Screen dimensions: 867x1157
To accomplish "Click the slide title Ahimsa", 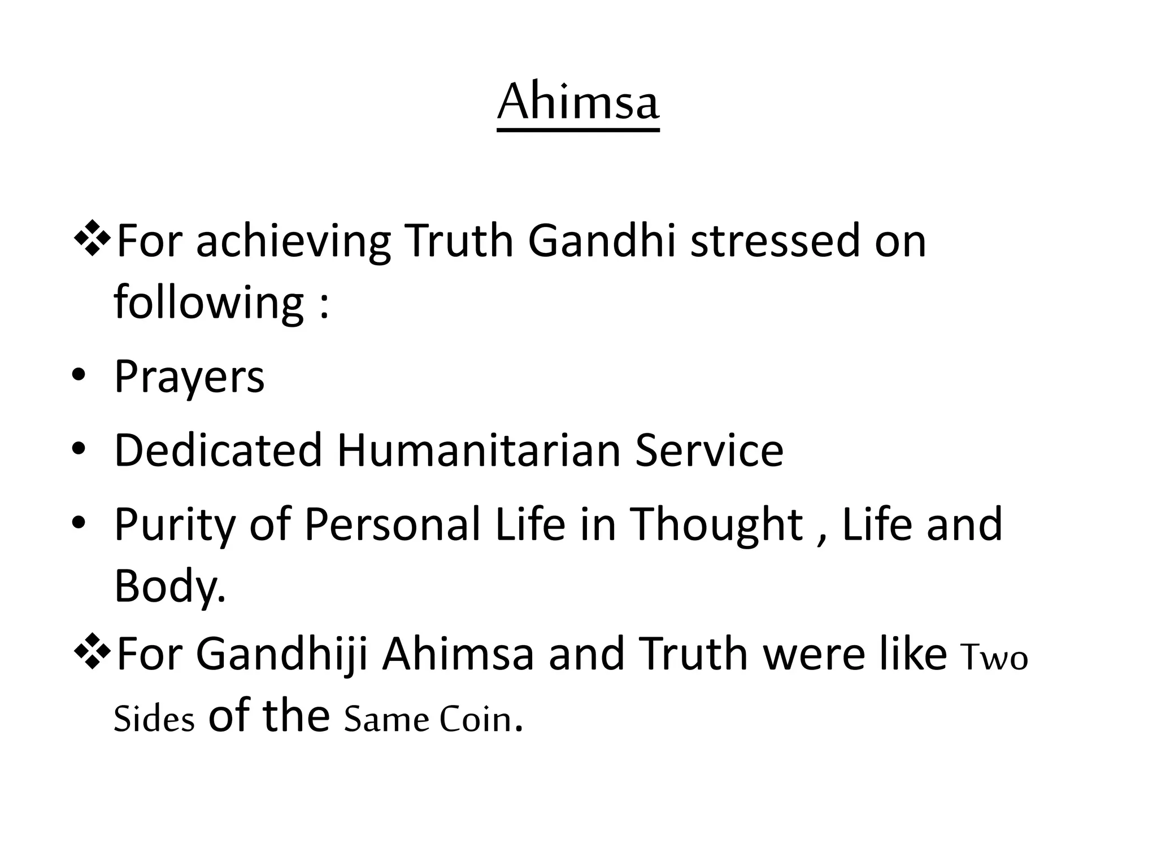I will [x=578, y=103].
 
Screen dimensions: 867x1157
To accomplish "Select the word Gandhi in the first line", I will [x=602, y=241].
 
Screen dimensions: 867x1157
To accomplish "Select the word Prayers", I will [x=189, y=377].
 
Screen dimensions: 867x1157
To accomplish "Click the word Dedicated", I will [x=218, y=450].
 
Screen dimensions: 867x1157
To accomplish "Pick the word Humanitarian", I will [x=479, y=450].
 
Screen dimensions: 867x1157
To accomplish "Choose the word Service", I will [x=709, y=450].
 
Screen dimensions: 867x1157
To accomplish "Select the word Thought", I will [x=716, y=525].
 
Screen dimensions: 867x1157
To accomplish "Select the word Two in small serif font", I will [x=994, y=658].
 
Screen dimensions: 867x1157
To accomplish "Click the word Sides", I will [x=154, y=719].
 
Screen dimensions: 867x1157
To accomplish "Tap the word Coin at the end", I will [x=475, y=719].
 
